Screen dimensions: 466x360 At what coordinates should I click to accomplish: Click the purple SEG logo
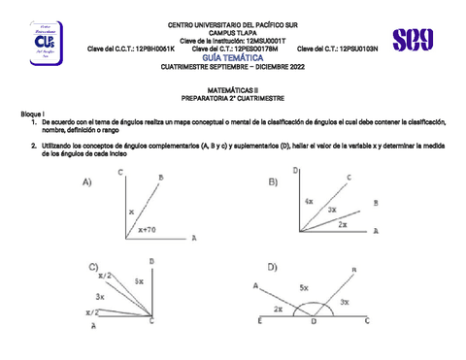pos(413,40)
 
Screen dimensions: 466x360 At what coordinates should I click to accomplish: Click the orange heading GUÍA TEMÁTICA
pos(235,57)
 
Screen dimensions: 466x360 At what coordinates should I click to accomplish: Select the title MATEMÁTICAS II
pos(235,88)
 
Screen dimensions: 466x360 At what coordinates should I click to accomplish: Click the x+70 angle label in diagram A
pos(147,230)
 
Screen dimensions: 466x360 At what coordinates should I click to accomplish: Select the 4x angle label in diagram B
pos(308,201)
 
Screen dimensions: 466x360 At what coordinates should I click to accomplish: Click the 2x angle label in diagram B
pos(342,222)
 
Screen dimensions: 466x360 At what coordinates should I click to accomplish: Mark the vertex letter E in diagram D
pos(259,321)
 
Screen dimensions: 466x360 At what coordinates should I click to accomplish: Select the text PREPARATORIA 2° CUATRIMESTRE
pos(235,99)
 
